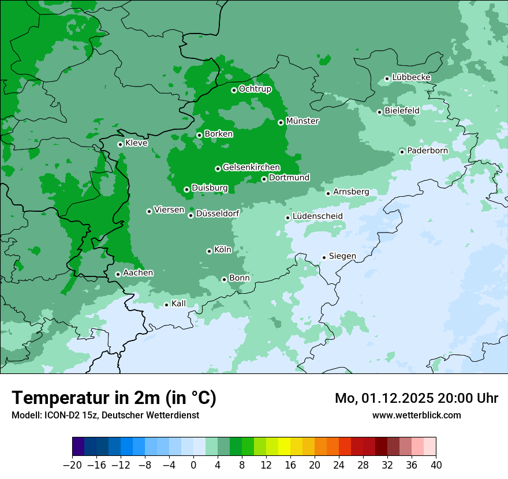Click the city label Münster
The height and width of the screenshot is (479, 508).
coord(302,121)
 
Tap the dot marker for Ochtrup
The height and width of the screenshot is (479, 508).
coord(234,90)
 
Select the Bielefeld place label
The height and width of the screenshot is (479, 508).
coord(402,110)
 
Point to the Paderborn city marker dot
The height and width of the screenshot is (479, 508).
coord(402,152)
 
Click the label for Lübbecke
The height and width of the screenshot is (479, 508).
coord(411,77)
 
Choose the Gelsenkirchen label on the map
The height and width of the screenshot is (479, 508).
coord(251,167)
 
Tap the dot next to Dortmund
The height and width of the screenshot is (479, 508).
coord(264,179)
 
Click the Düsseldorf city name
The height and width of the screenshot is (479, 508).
coord(217,214)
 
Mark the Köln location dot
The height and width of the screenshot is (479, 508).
coord(209,251)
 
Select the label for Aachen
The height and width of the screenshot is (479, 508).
coord(138,273)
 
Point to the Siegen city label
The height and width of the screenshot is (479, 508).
coord(342,256)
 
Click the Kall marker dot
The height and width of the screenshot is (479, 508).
coord(166,305)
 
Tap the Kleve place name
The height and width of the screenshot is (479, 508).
coord(136,143)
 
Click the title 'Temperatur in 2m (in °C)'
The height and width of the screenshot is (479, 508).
coord(114,398)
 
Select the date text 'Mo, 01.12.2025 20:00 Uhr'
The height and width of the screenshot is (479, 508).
coord(416,398)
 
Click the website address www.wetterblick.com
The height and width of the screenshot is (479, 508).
coord(416,415)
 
